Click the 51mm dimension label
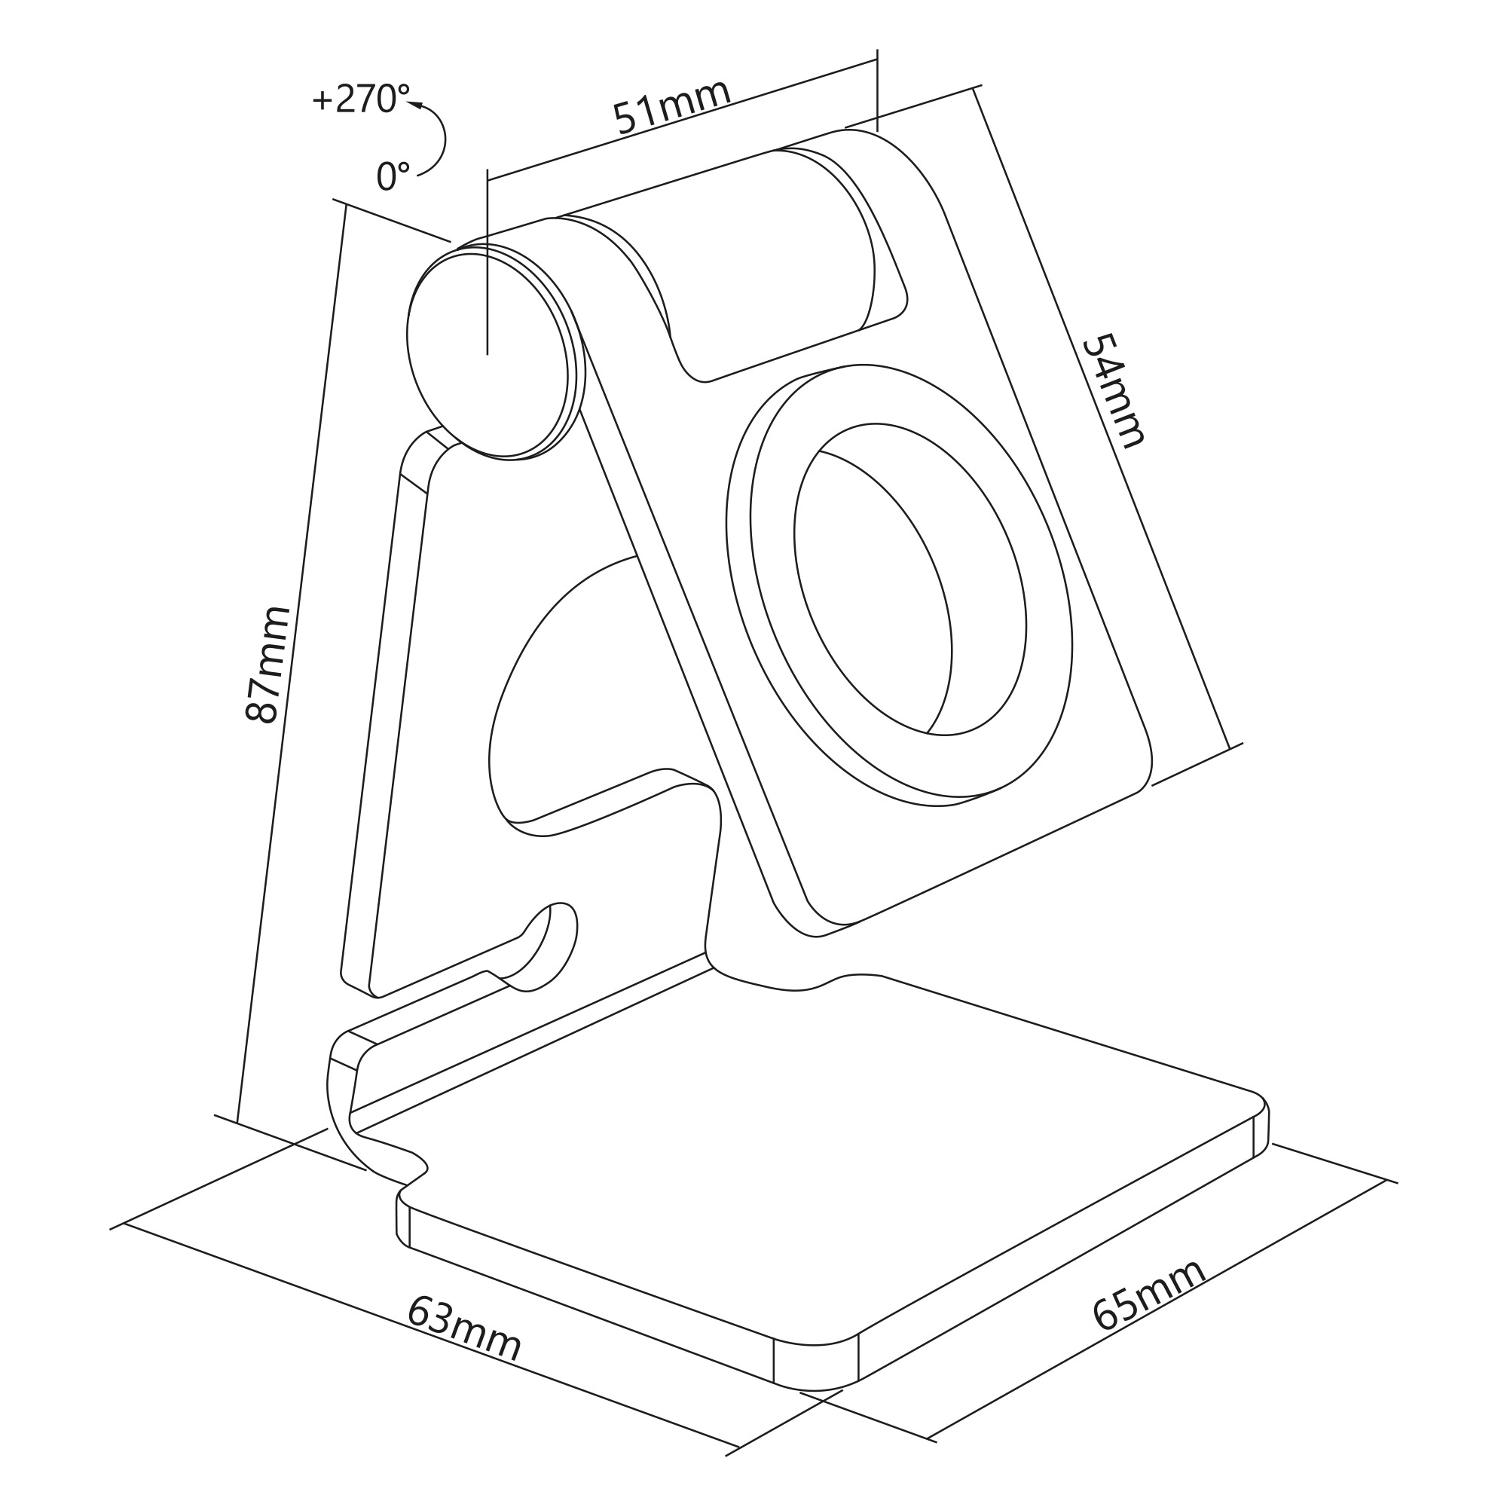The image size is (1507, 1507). click(x=671, y=106)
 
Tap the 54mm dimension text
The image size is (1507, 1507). click(x=1114, y=390)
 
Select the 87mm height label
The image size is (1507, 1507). click(x=267, y=665)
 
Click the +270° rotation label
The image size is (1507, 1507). click(x=360, y=99)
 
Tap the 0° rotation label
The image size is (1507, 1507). click(x=393, y=176)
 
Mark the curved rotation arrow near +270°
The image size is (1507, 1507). click(x=436, y=139)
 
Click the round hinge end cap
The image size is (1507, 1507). click(x=488, y=356)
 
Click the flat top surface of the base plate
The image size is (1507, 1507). click(x=819, y=1131)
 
